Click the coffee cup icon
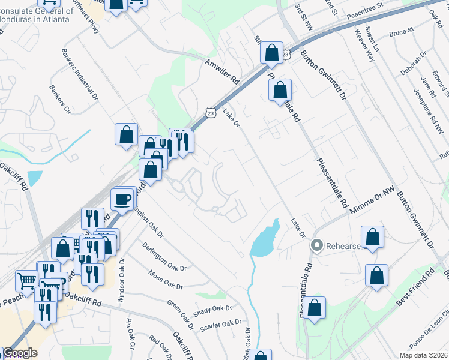pos(122,199)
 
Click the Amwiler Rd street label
pos(222,71)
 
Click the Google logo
pos(19,353)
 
